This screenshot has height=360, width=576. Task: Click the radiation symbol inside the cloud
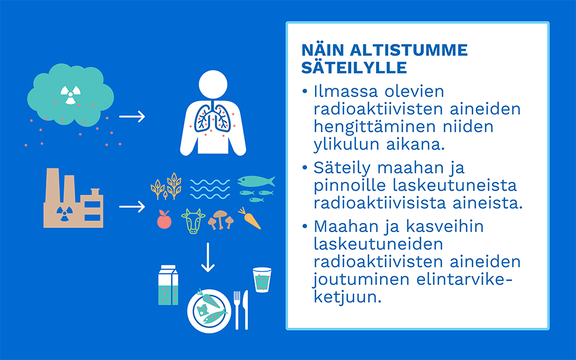click(70, 95)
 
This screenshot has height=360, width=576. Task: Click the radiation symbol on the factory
click(65, 214)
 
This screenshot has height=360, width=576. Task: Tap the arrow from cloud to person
click(132, 116)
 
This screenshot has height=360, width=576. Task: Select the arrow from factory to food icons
click(132, 206)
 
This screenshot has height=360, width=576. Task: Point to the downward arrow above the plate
click(208, 257)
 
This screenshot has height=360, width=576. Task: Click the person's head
click(213, 85)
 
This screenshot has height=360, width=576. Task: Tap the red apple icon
click(164, 219)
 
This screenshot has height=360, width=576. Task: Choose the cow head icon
click(193, 221)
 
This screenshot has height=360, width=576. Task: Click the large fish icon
click(256, 181)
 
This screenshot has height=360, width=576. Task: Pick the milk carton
click(168, 285)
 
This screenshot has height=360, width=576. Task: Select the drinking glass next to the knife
click(262, 280)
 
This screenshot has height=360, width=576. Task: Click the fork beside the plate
click(237, 310)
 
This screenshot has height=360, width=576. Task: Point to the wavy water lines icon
click(210, 189)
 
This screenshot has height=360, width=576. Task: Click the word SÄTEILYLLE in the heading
click(354, 67)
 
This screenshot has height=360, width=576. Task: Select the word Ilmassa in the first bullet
click(345, 92)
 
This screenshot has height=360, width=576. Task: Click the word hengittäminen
click(374, 127)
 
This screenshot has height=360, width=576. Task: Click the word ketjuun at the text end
click(347, 297)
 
